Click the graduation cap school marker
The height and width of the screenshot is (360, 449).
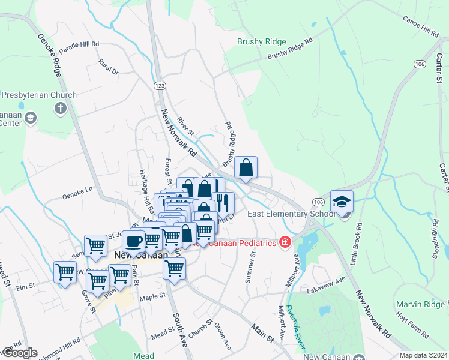342,202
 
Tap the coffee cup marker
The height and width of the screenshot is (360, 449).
133,242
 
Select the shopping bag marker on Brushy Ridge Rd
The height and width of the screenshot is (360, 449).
246,167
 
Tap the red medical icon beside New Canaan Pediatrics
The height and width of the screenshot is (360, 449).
285,242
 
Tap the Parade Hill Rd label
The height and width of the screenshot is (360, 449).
79,44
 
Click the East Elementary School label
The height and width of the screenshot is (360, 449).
289,214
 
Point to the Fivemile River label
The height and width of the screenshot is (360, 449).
297,327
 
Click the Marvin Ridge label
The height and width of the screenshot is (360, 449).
421,304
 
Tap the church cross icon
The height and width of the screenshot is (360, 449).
60,109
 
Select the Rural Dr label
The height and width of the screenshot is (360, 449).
109,67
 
